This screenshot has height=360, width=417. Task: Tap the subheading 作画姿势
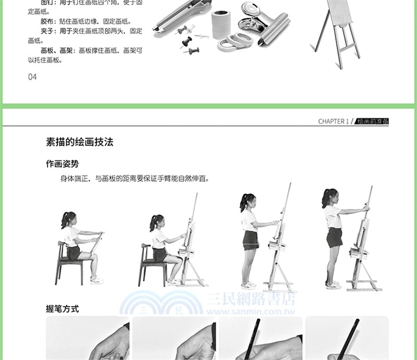tap(62, 164)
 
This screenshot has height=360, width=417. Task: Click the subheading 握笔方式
tap(62, 309)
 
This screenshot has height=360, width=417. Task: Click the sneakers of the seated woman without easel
tap(96, 280)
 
